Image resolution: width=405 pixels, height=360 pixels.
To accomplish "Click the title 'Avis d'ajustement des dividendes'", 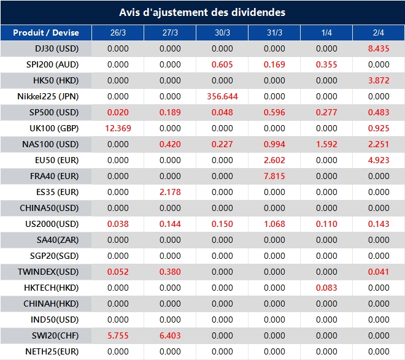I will click(x=202, y=12).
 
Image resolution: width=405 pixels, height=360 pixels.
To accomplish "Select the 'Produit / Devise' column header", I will click(x=46, y=33).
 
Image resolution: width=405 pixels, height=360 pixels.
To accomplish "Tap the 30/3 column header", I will click(x=222, y=33).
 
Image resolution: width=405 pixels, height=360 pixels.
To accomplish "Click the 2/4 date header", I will click(x=379, y=33).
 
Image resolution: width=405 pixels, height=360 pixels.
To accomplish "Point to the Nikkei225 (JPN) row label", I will click(x=48, y=96).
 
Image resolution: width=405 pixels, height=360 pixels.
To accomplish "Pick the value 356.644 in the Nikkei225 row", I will click(x=222, y=96).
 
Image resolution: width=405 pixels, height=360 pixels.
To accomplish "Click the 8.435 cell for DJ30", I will click(x=379, y=48).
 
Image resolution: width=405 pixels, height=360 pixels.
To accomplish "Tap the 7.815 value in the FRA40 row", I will click(x=274, y=176).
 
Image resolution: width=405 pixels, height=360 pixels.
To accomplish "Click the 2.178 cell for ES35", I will click(x=170, y=192).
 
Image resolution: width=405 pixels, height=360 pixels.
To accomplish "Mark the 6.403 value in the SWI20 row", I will click(x=170, y=335).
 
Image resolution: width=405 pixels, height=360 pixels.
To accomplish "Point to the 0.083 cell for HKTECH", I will click(x=326, y=288).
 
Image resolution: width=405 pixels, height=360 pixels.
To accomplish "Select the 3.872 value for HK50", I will click(x=379, y=80).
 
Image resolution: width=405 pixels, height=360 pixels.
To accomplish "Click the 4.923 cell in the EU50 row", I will click(x=379, y=160).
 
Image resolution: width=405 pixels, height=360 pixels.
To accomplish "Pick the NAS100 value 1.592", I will click(x=326, y=144).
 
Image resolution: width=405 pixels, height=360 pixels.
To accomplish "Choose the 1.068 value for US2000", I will click(x=274, y=224).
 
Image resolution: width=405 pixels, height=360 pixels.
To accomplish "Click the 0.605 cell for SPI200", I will click(x=222, y=64).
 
